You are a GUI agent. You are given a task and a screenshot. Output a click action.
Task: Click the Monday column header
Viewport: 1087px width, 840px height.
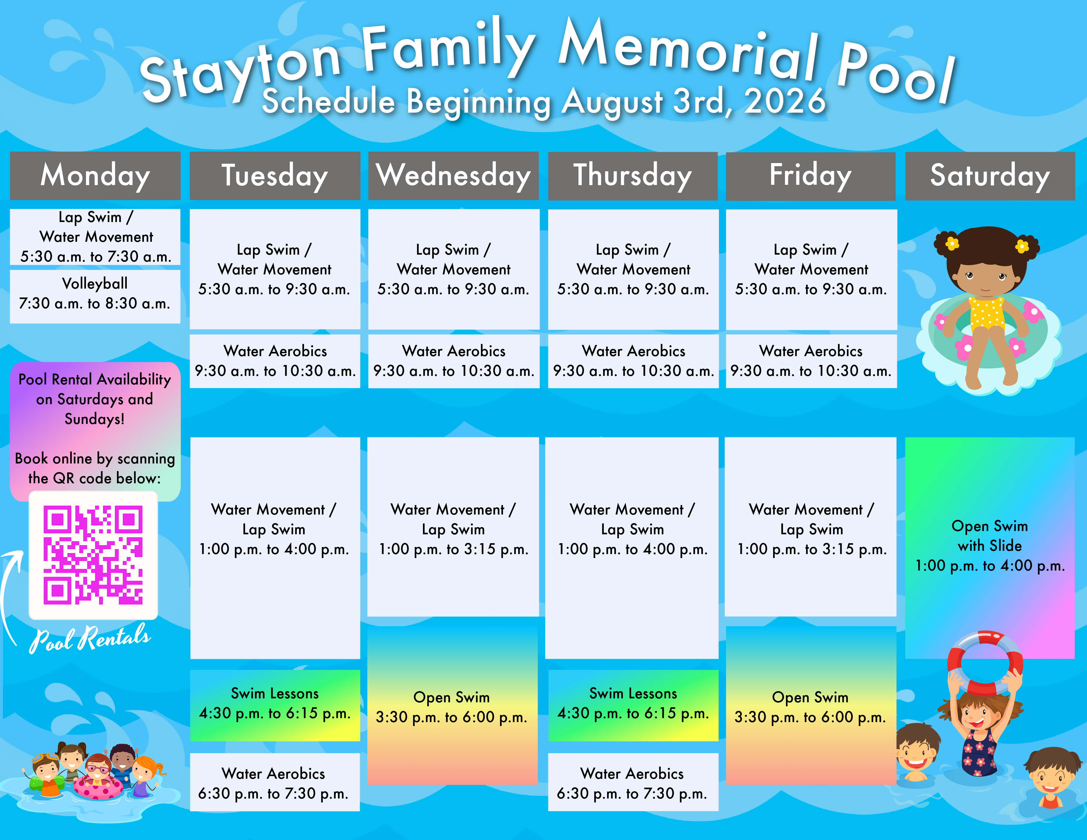click(x=95, y=176)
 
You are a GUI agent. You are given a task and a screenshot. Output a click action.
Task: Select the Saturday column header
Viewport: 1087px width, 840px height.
click(x=990, y=176)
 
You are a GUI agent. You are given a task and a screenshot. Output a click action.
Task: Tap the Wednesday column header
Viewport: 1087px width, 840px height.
click(x=454, y=176)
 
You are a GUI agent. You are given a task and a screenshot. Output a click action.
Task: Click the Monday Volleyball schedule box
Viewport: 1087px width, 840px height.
click(x=95, y=296)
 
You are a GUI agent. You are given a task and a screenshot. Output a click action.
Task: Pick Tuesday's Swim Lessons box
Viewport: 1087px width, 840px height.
click(x=275, y=705)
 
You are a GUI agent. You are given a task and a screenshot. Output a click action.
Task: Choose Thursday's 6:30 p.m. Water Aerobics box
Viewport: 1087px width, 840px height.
click(x=633, y=782)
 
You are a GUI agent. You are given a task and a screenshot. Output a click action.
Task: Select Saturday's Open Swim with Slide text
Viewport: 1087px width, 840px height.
click(x=990, y=546)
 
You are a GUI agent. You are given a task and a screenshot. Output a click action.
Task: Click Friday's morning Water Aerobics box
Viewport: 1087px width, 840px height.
click(x=811, y=361)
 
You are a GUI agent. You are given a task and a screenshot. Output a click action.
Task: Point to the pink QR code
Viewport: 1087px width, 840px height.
click(x=93, y=555)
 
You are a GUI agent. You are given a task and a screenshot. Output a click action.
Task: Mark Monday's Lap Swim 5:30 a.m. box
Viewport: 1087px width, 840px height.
click(x=95, y=237)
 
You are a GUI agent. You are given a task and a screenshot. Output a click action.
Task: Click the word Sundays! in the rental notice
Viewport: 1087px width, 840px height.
click(x=95, y=419)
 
